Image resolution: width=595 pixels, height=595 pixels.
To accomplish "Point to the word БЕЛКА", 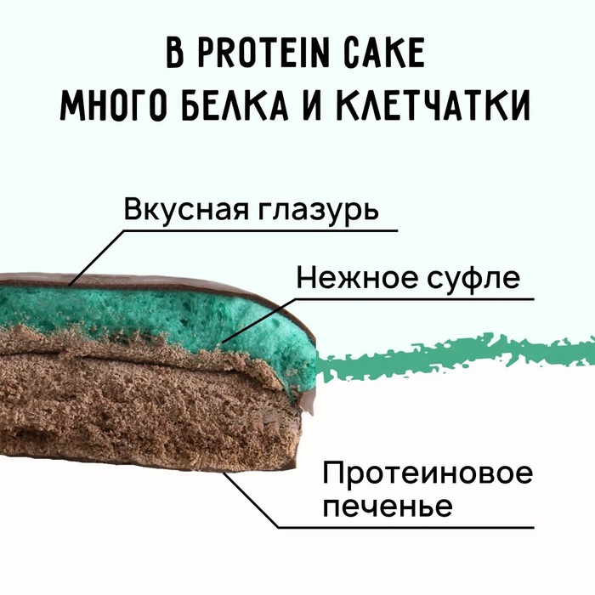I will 235,108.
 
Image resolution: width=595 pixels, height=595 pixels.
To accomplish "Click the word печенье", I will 388,507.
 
